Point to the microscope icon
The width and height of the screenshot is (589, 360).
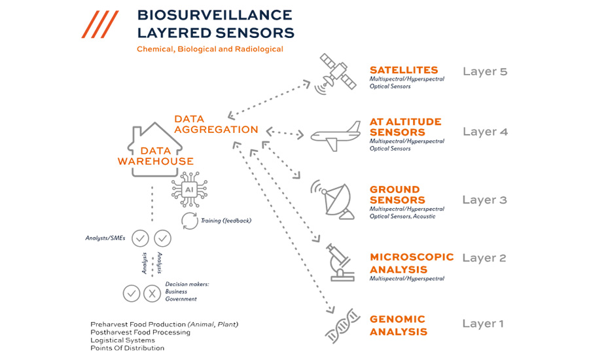342,262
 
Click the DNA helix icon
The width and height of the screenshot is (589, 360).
342,325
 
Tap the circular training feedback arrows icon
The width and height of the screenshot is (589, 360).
189,221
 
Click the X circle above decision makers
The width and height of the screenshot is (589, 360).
152,293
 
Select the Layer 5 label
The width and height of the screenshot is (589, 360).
484,71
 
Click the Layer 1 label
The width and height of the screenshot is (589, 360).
484,323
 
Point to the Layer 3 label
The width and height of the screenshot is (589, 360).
484,200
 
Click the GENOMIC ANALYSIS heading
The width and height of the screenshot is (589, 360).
399,325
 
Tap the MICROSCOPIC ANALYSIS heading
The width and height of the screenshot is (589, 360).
411,263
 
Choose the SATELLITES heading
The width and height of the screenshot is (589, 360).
403,70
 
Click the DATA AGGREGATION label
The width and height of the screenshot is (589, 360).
216,124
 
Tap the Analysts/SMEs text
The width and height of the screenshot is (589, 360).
105,238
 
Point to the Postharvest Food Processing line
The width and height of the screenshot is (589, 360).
140,332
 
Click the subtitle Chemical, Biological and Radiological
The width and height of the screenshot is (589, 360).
209,49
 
